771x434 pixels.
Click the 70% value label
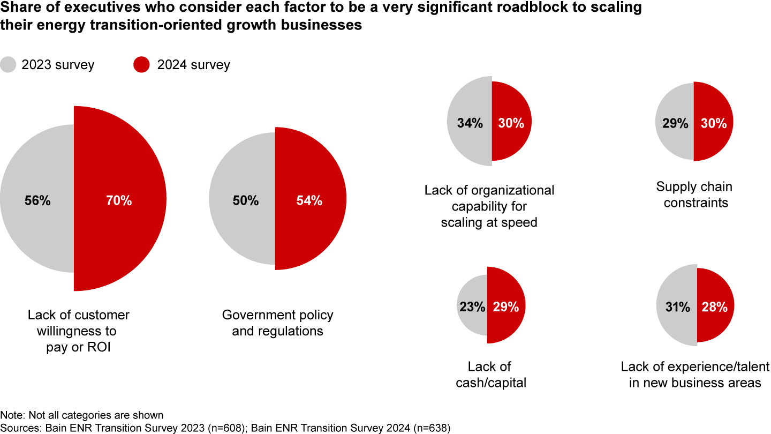coord(118,201)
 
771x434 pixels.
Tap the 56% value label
coord(37,201)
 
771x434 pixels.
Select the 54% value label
coord(309,201)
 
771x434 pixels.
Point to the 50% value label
coord(246,201)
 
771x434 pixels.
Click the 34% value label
coord(470,123)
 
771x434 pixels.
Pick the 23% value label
coord(472,307)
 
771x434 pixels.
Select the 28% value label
coord(714,307)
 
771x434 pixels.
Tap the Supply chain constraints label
coord(694,194)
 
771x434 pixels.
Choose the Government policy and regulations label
coord(277,323)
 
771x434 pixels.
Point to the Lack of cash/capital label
coord(489,375)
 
